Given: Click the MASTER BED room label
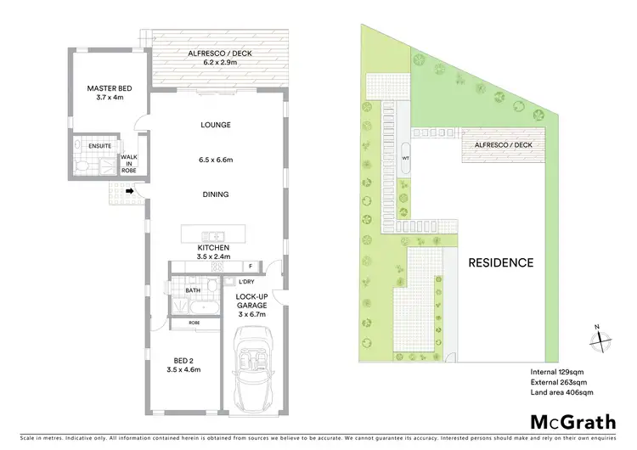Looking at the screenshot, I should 106,87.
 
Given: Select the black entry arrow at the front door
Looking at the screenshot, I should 128,192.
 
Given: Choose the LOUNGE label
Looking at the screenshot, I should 216,125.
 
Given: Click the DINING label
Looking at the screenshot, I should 216,194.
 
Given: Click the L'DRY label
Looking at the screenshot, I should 247,281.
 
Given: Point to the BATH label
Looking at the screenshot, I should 192,290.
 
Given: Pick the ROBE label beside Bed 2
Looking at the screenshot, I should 193,323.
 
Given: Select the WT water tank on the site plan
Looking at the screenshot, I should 406,158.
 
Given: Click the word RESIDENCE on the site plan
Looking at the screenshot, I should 501,262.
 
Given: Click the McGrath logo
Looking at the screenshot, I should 574,422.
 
